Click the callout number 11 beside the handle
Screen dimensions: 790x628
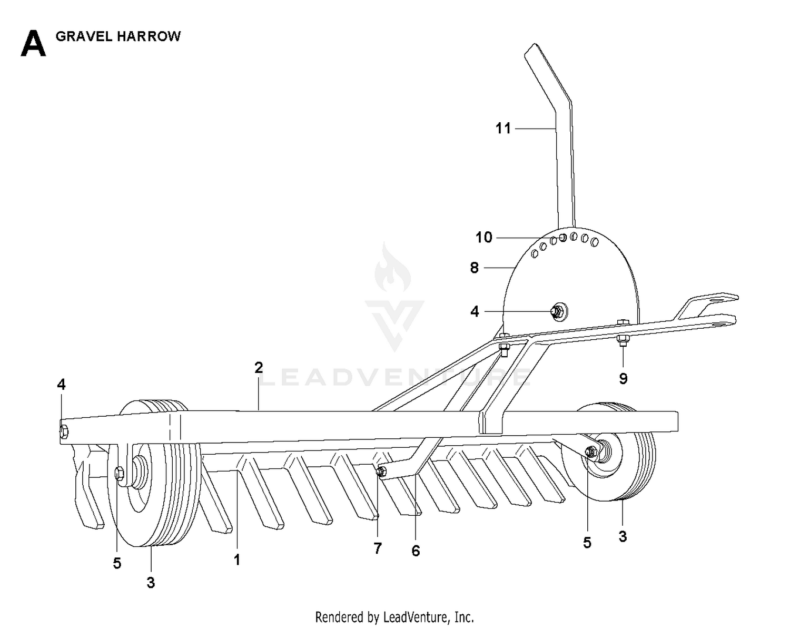[x=503, y=129]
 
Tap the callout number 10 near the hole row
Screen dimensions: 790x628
[x=484, y=237]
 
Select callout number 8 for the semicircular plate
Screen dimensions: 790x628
[x=475, y=268]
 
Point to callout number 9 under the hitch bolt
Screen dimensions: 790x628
[x=623, y=378]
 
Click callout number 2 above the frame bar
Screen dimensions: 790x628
[x=259, y=368]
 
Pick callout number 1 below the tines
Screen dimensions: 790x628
[x=237, y=560]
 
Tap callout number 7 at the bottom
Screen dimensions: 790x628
[x=378, y=548]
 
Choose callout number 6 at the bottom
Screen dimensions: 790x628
[x=416, y=551]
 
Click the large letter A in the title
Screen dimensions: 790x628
[x=33, y=43]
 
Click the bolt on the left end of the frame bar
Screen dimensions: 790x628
[x=64, y=431]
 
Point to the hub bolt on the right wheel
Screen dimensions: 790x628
[x=591, y=452]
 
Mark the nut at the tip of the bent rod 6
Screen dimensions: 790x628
[x=381, y=471]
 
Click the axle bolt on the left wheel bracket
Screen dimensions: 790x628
[x=120, y=473]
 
